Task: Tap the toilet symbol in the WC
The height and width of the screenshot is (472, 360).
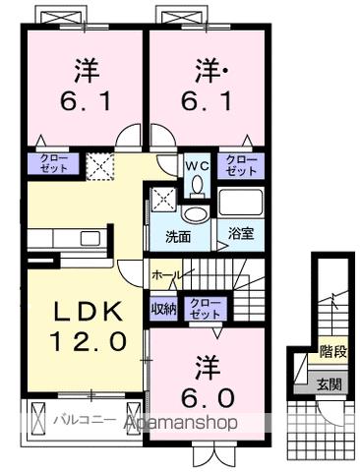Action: point(195,185)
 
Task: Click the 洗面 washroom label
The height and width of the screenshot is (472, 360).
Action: point(177,236)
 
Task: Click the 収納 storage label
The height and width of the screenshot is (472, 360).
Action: point(163,307)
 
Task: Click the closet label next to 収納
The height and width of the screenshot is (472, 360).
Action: point(205,307)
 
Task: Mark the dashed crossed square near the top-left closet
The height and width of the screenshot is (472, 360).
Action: point(98,164)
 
